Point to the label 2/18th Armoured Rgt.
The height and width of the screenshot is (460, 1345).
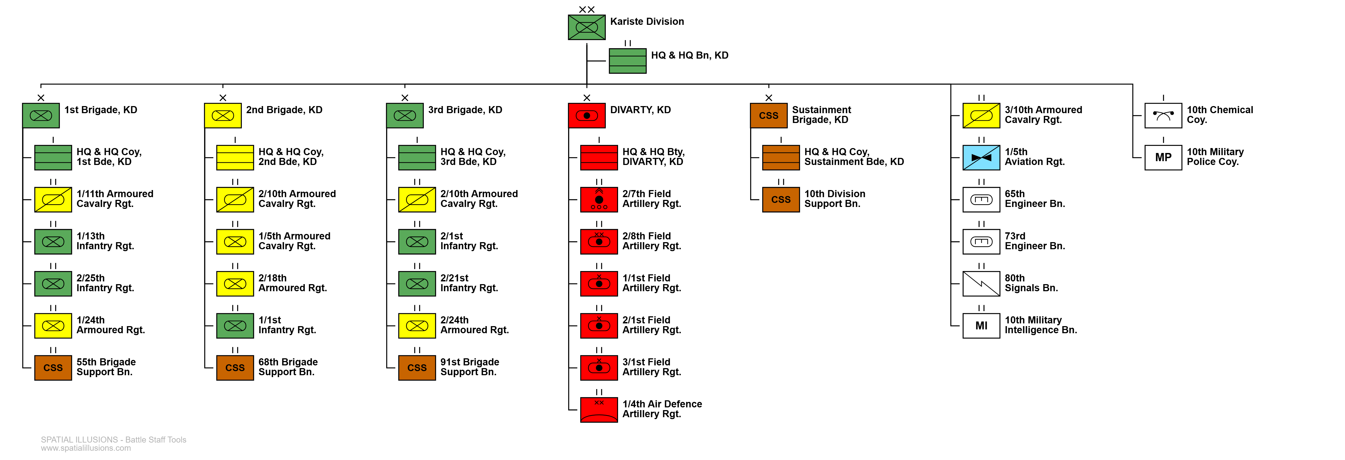click(x=293, y=283)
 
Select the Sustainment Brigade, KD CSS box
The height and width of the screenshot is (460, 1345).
click(x=769, y=115)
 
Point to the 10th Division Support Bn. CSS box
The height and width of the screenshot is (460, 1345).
click(x=781, y=200)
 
